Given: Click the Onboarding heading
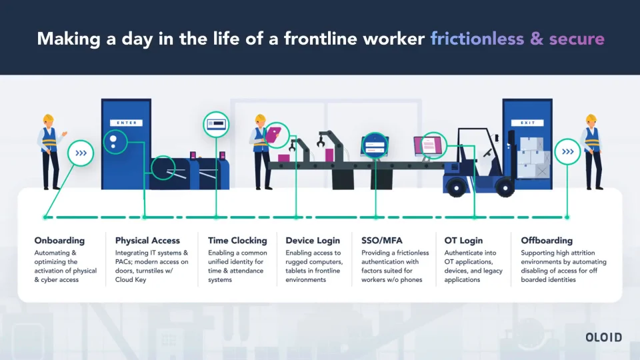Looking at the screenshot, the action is pos(59,241).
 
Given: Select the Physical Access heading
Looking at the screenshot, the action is pos(147,241).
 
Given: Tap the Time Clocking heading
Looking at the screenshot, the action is pos(237,241).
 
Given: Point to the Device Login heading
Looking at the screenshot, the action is pos(313,241).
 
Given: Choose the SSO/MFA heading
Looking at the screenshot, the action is pos(382,241).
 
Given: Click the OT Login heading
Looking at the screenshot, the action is pos(464,241).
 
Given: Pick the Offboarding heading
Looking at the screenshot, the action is pos(547,241).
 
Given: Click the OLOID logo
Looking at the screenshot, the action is pos(604,337).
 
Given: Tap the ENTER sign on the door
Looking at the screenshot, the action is pos(127,123).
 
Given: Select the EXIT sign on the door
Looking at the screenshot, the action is pos(527,123).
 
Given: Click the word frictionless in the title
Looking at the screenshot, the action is pos(477,39).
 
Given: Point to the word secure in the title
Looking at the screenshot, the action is pos(577,39).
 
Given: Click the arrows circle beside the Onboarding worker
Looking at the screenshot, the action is pos(81,153).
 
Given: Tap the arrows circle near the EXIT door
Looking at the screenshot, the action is pos(567,152).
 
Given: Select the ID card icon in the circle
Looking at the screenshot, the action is pos(216,123).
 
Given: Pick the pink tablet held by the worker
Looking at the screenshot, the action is pos(273,134).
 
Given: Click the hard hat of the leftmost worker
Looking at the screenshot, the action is pos(48,118).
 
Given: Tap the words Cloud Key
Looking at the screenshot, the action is pos(131,280).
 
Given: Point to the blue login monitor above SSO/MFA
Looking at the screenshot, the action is pos(375,147).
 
